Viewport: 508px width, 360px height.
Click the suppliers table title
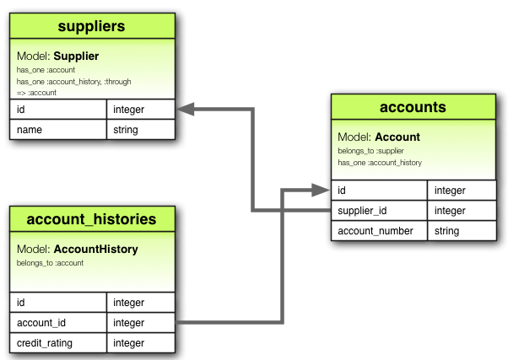[x=92, y=26]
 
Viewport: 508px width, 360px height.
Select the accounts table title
[x=413, y=108]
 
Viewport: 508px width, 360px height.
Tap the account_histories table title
[x=91, y=219]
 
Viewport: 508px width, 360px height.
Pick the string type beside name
[x=126, y=130]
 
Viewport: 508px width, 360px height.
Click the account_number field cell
[x=376, y=231]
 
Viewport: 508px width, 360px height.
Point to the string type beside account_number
[x=446, y=231]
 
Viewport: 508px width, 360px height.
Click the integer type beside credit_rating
[x=128, y=343]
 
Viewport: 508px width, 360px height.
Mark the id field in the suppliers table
[x=21, y=110]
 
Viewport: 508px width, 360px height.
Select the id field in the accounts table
[x=342, y=191]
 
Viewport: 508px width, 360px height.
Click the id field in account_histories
[x=21, y=303]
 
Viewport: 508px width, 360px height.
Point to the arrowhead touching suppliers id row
[x=185, y=110]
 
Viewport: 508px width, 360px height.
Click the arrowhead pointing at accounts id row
[x=322, y=191]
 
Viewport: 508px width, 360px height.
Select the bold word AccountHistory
[x=95, y=250]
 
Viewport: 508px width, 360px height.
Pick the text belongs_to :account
[x=50, y=263]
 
